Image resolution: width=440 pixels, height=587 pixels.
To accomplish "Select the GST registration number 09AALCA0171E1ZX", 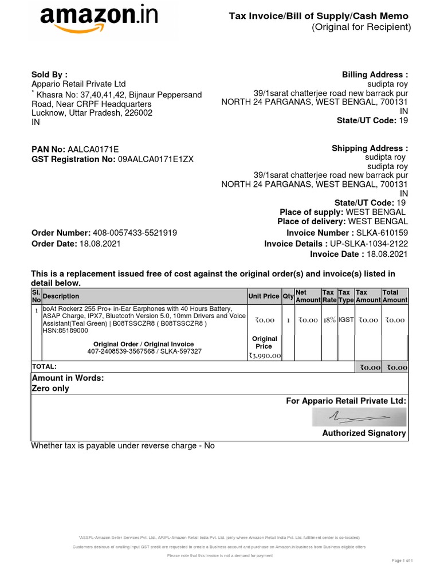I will pos(156,159).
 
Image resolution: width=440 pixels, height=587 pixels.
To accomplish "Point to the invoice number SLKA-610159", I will pos(382,233).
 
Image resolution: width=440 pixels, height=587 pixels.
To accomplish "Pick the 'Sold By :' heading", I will pos(49,74).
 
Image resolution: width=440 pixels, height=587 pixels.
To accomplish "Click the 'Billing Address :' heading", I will pos(375,75).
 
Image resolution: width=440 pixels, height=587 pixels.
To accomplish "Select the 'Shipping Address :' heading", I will pos(370,148).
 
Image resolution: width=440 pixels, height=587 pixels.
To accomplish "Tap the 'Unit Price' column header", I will pos(264,296).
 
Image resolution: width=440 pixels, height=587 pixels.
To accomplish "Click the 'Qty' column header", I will pos(288,296).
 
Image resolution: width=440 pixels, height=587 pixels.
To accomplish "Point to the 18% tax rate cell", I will pos(329,320).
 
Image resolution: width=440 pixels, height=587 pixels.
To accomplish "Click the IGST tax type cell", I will pos(346,319).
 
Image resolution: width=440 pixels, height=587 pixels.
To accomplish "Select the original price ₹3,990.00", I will pos(264,356).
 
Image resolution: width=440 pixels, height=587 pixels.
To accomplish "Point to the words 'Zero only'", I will pos(50,388).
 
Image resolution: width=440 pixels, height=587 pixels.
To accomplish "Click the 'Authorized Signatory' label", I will pos(364,433).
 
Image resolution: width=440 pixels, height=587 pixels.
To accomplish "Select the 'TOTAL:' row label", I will pos(44,366).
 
